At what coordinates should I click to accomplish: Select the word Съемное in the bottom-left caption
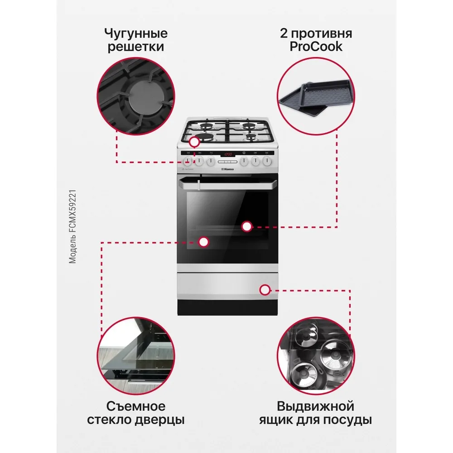[135, 405]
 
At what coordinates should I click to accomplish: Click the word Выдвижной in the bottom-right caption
[315, 405]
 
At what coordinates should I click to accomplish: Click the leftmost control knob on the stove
[188, 161]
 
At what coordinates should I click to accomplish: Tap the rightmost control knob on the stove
[268, 161]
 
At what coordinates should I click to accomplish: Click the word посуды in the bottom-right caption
[349, 420]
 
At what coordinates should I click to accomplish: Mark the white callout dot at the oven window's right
[246, 226]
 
